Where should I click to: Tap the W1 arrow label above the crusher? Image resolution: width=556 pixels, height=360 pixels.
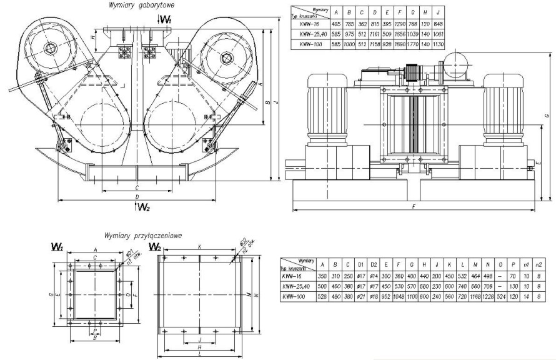click(166, 20)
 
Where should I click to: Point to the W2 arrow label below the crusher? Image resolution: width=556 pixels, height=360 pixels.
click(143, 207)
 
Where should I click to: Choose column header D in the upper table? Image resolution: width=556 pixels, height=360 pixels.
click(374, 12)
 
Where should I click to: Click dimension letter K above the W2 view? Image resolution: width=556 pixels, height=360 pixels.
click(199, 247)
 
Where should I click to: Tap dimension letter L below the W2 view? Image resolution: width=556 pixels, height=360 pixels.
click(199, 354)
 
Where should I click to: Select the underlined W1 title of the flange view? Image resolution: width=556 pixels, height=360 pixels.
click(57, 247)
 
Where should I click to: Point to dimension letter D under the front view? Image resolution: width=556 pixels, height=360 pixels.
click(137, 197)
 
